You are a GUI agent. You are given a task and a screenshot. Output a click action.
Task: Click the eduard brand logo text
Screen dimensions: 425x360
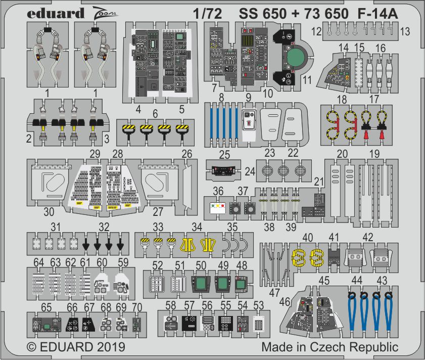(56, 14)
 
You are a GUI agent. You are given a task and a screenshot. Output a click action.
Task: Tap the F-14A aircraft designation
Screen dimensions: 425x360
(377, 14)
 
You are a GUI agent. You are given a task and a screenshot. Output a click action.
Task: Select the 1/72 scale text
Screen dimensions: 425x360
(207, 14)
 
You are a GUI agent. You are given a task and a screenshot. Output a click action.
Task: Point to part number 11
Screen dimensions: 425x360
(307, 80)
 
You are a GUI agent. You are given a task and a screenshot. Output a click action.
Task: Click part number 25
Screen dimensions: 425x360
(224, 155)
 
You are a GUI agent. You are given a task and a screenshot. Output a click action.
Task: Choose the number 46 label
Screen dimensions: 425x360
(285, 301)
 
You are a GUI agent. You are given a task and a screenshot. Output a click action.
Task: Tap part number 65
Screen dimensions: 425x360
(46, 307)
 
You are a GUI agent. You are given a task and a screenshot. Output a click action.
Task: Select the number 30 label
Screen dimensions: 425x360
(49, 212)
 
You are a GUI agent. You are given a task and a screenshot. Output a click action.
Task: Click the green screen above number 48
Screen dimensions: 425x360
(240, 284)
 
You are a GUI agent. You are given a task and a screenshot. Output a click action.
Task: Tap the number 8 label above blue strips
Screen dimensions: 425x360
(221, 98)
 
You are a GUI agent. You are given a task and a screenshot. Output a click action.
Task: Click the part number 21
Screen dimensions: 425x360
(319, 182)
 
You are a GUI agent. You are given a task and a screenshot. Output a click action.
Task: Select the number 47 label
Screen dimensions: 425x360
(274, 293)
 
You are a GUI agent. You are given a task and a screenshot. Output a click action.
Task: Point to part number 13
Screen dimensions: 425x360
(405, 31)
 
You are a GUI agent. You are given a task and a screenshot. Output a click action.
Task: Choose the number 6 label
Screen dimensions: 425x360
(155, 114)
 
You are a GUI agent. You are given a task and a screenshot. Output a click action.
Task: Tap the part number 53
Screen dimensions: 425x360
(259, 305)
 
